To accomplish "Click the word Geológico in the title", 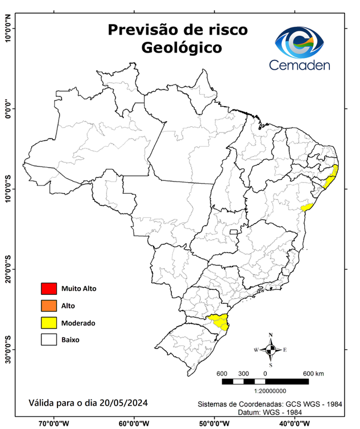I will coord(181,48).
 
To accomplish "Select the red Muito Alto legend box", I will coord(49,289).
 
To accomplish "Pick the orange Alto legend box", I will coord(49,306).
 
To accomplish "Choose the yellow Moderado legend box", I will coord(49,322).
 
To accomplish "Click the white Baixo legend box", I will coord(49,339).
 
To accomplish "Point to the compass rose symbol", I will coord(271,350).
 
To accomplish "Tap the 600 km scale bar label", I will coord(313,373).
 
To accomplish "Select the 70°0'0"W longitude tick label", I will coord(54,423).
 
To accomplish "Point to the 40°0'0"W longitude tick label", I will coord(296,423).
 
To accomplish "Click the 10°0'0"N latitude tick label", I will coord(8,28).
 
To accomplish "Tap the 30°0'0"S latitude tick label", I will coord(8,349).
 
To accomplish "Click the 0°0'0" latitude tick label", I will coord(8,108).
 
